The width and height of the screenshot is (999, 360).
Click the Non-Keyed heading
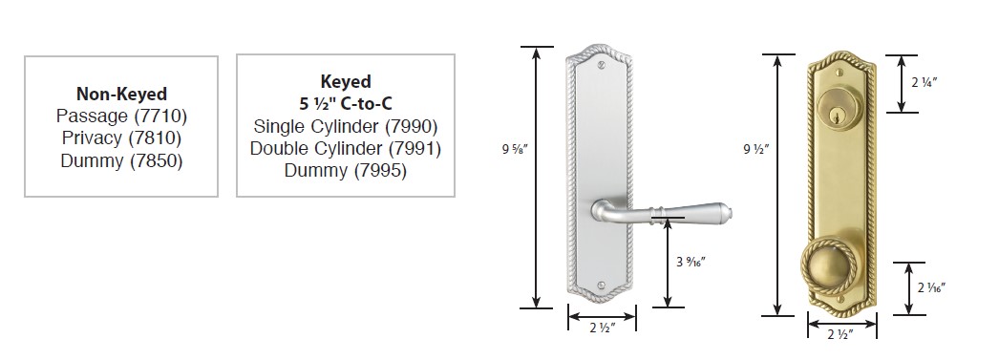(x=121, y=95)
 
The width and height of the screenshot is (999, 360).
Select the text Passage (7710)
(x=121, y=116)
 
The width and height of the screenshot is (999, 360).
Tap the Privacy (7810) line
(x=121, y=138)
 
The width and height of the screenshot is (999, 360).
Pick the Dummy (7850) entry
(x=121, y=160)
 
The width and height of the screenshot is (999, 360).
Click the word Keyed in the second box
(x=346, y=81)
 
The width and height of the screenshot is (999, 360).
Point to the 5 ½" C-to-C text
(x=346, y=104)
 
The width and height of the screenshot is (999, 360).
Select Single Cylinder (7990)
(x=346, y=126)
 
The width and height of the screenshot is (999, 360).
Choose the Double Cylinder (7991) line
(x=346, y=148)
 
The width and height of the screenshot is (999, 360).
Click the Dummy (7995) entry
(x=346, y=171)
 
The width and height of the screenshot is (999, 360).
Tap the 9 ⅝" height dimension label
(x=516, y=151)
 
